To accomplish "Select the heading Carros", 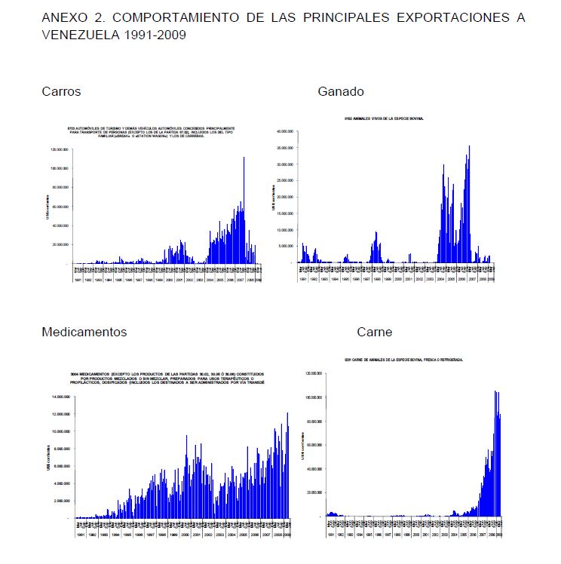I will click(61, 92).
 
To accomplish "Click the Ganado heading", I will click(341, 92).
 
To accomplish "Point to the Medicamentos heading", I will click(84, 332).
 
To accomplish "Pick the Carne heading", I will click(375, 332).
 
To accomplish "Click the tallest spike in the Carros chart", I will click(244, 158).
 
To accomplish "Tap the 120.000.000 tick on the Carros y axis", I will click(60, 149).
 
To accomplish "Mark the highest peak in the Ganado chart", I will click(469, 146).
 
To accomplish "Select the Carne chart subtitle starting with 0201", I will click(403, 360).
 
